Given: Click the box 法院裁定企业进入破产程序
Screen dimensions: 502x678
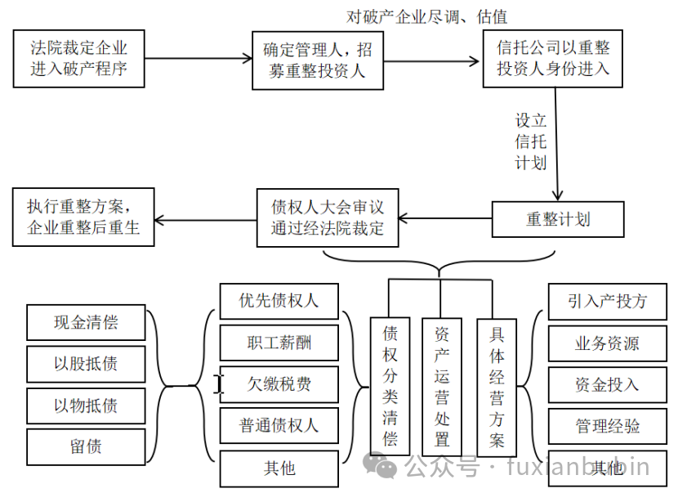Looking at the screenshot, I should pyautogui.click(x=78, y=59).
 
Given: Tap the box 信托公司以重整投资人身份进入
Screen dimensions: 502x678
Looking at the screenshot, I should pyautogui.click(x=552, y=59).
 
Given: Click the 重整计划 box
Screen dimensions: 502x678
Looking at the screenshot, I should pyautogui.click(x=558, y=219).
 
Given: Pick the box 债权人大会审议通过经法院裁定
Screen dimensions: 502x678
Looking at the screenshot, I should pyautogui.click(x=327, y=218).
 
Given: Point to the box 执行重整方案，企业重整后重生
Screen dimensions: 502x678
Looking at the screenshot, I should pyautogui.click(x=83, y=217).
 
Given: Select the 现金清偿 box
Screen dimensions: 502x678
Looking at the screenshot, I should pyautogui.click(x=86, y=322).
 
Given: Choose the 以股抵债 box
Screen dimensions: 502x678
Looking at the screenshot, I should pyautogui.click(x=86, y=364).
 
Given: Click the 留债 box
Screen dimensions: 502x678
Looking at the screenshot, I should pyautogui.click(x=86, y=447).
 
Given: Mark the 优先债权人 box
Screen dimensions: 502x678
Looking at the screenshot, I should pyautogui.click(x=279, y=300).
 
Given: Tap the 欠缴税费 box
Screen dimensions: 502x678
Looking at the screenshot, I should pyautogui.click(x=279, y=384).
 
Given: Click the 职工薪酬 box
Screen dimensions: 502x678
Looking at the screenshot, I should pyautogui.click(x=279, y=342).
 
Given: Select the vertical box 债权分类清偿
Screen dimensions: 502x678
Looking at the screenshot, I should pyautogui.click(x=390, y=385).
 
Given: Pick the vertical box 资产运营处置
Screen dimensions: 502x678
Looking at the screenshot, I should pyautogui.click(x=442, y=385).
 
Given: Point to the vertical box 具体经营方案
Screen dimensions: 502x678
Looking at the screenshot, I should pyautogui.click(x=497, y=385).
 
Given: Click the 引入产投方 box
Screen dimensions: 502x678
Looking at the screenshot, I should pyautogui.click(x=607, y=301).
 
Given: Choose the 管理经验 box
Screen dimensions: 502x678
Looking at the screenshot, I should pyautogui.click(x=607, y=426).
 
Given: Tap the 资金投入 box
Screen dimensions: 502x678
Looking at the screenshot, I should pyautogui.click(x=607, y=384).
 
